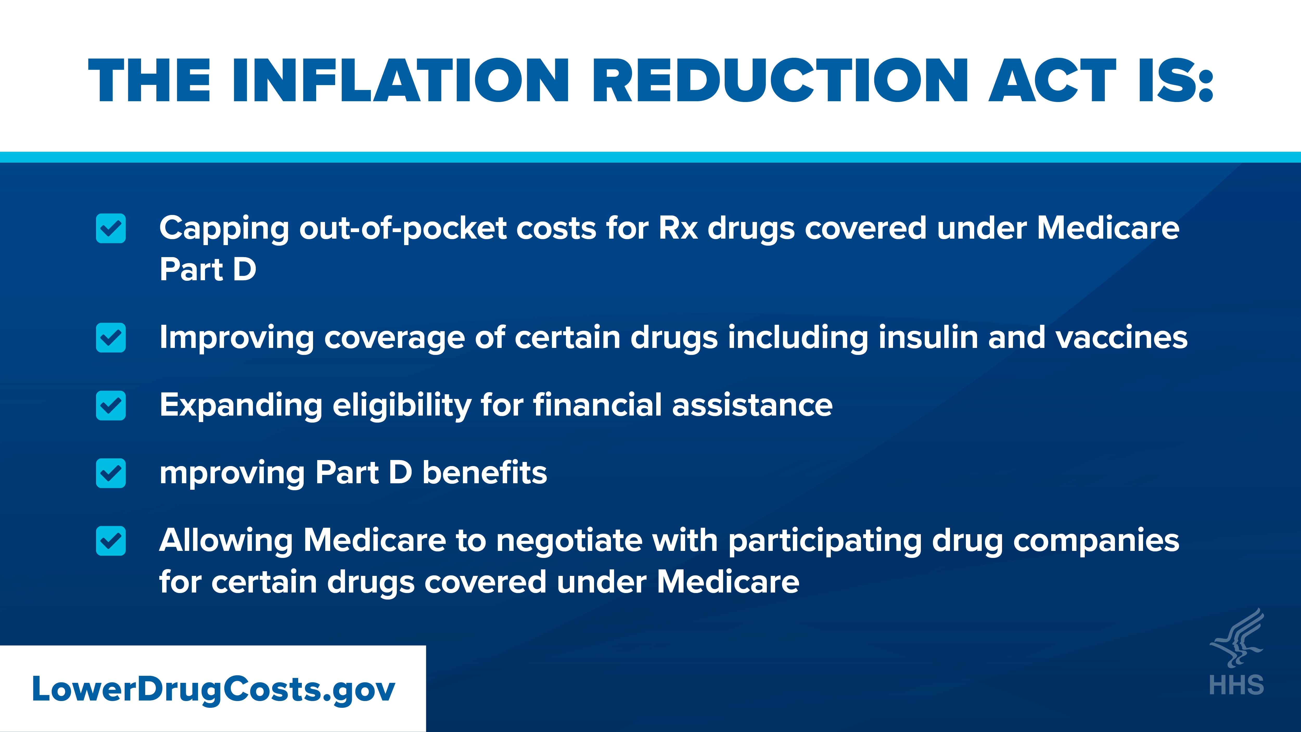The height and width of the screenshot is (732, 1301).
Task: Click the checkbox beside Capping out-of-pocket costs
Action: pyautogui.click(x=111, y=228)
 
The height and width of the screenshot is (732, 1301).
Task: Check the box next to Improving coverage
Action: pyautogui.click(x=111, y=338)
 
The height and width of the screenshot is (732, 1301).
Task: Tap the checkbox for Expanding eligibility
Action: pyautogui.click(x=111, y=405)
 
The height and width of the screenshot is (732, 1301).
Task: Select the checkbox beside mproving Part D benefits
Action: pyautogui.click(x=111, y=473)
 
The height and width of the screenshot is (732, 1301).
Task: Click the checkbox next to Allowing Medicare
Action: pyautogui.click(x=111, y=541)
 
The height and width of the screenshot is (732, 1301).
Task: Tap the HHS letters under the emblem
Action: pyautogui.click(x=1236, y=685)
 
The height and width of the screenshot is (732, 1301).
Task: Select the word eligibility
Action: pyautogui.click(x=401, y=405)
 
